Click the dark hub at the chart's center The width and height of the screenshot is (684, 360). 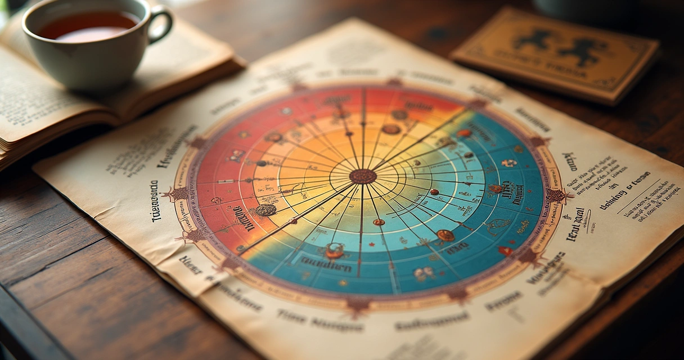(x=363, y=176)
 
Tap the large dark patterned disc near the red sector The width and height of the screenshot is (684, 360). (x=265, y=210)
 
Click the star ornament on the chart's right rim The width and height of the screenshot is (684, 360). (x=556, y=196)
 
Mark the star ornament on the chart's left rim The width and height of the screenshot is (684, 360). (x=179, y=193)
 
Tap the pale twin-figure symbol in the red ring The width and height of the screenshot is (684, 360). (x=236, y=155)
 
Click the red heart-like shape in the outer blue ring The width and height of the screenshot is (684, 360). (x=505, y=251)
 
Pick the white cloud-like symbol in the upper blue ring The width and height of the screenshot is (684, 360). (x=509, y=163)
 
